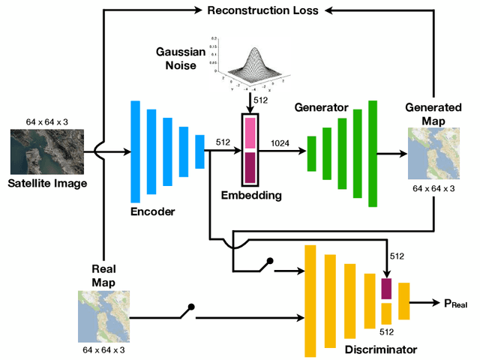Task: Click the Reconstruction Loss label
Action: click(262, 10)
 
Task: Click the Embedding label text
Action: click(251, 196)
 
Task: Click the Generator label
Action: click(322, 108)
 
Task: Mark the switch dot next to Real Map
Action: click(191, 306)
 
